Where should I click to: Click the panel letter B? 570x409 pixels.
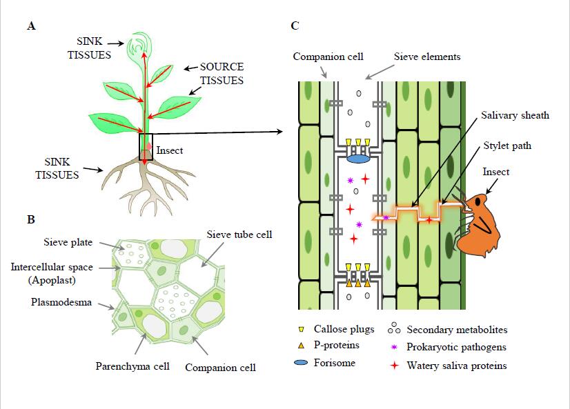point(30,220)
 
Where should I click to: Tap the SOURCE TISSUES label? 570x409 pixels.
point(222,74)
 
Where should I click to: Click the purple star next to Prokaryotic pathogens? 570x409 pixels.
point(395,347)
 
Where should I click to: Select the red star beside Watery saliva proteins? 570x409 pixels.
point(395,365)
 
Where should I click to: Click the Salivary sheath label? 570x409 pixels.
point(515,115)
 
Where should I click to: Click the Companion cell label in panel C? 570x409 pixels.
point(328,56)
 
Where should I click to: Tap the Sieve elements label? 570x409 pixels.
point(426,56)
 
